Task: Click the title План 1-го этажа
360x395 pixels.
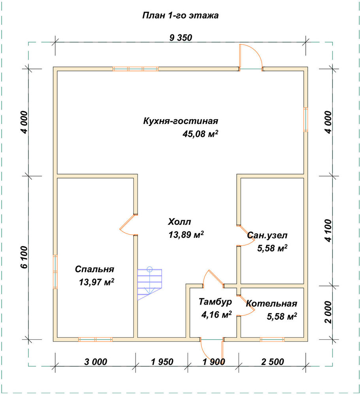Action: click(x=181, y=16)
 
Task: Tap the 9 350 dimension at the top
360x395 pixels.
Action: click(x=181, y=38)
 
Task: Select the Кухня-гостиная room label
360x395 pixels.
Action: click(x=181, y=121)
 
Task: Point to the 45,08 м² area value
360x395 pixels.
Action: click(x=200, y=134)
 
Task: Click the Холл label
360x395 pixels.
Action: click(x=179, y=222)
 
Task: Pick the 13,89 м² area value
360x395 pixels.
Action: click(x=186, y=235)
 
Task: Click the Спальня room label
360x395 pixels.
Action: click(x=94, y=269)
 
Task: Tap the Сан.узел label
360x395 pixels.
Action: click(x=267, y=235)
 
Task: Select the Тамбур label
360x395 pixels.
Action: click(x=215, y=302)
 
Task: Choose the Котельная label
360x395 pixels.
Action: click(x=271, y=303)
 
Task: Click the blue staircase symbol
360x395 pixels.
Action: click(x=150, y=283)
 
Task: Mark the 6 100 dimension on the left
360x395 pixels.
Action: click(x=24, y=257)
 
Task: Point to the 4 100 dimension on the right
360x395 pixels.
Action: click(x=328, y=231)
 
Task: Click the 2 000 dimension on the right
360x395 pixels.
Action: click(x=328, y=312)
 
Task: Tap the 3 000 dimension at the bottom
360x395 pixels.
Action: click(x=96, y=362)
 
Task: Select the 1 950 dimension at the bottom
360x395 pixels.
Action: click(x=162, y=362)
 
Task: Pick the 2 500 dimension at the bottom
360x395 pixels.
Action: click(x=273, y=362)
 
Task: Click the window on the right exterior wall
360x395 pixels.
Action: click(x=305, y=120)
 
